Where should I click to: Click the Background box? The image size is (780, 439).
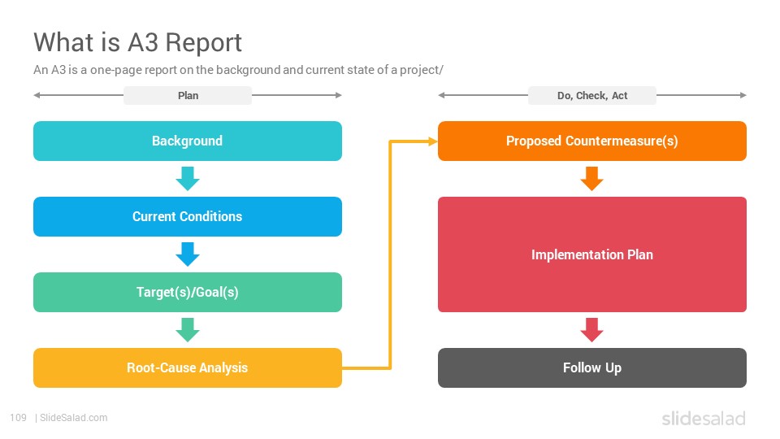[188, 141]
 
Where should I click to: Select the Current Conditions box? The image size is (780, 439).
[188, 216]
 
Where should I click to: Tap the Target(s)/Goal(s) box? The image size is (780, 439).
[188, 292]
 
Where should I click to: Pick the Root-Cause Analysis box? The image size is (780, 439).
[188, 367]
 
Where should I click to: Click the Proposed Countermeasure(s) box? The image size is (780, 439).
[592, 141]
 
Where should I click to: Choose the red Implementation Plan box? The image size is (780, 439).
[592, 254]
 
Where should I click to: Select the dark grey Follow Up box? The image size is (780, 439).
[592, 367]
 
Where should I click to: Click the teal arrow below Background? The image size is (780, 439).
[188, 179]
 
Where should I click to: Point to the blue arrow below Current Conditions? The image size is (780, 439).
[188, 254]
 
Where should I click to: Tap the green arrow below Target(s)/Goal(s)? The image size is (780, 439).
[188, 330]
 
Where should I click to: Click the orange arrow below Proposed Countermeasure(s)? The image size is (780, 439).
[592, 179]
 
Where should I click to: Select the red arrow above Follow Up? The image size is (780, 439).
[592, 330]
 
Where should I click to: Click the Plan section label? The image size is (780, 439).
[188, 96]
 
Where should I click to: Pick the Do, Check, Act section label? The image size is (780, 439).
[592, 96]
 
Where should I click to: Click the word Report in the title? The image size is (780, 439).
[203, 43]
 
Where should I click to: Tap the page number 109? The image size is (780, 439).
[19, 418]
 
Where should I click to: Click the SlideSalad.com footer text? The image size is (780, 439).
[74, 418]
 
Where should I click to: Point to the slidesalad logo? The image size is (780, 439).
[704, 418]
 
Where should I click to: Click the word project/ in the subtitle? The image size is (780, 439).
[422, 70]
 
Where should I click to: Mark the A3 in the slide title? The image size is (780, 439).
[143, 42]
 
